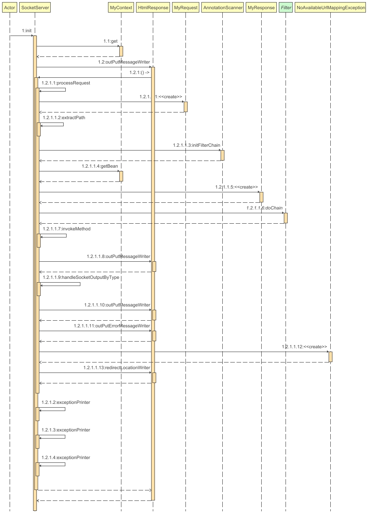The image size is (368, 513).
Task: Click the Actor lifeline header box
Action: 10,8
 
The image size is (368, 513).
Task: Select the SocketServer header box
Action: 35,8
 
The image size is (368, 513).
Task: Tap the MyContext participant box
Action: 121,8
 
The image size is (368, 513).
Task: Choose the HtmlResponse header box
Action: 153,8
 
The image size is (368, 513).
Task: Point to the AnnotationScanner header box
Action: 222,8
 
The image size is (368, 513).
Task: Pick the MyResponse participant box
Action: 261,8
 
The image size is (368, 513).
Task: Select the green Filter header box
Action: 286,8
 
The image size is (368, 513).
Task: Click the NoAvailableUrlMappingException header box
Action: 330,8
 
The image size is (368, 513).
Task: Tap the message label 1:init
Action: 27,31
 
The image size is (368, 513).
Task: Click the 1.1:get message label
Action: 111,41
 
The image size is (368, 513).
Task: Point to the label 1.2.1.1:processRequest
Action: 66,83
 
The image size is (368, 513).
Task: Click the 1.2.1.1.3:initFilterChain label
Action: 196,145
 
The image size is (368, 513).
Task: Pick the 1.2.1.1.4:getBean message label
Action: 100,166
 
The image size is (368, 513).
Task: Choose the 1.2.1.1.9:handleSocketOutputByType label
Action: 81,277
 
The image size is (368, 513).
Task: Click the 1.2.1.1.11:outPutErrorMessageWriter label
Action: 112,326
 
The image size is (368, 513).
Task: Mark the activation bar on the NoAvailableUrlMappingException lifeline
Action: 330,357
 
